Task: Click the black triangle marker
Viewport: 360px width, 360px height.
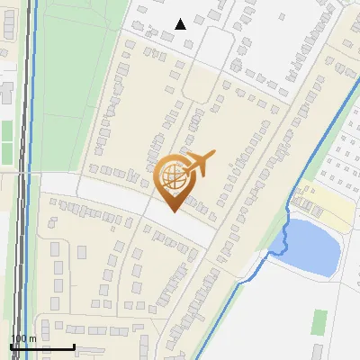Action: [x=181, y=24]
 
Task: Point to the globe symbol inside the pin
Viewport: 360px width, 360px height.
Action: [x=173, y=175]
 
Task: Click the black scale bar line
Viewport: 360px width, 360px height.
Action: [x=42, y=347]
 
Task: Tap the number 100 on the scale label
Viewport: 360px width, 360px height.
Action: [x=17, y=338]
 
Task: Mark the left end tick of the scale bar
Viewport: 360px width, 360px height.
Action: [x=11, y=346]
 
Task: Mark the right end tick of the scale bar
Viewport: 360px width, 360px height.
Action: [x=74, y=346]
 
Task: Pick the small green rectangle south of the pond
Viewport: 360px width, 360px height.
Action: [x=320, y=319]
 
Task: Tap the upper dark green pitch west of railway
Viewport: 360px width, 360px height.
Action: [x=6, y=130]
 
